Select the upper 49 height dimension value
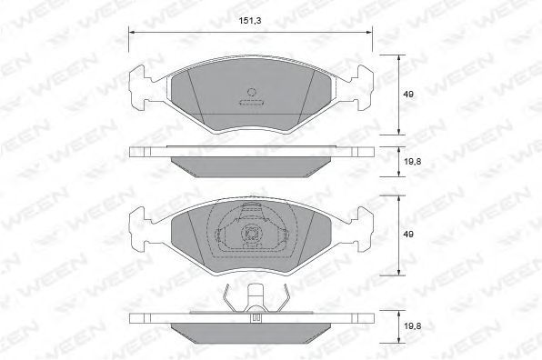(x=408, y=94)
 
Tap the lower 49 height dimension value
(x=408, y=235)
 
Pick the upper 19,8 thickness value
(x=412, y=161)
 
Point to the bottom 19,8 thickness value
(x=412, y=325)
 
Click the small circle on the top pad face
(x=252, y=92)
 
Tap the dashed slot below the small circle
(x=251, y=103)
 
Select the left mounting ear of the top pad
(x=139, y=88)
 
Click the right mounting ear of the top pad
(x=364, y=88)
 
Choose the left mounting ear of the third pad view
(x=139, y=229)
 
